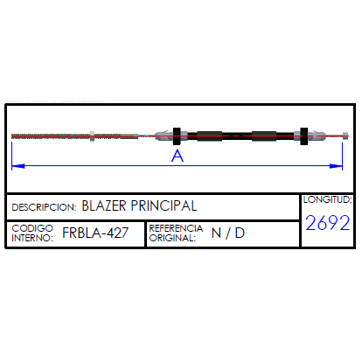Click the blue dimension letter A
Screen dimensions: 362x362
pos(178,156)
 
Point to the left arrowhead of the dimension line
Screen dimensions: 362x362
pos(18,166)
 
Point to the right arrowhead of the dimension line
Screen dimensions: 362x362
pos(336,166)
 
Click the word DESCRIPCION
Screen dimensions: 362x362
pos(44,207)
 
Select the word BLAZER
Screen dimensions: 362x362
pos(104,205)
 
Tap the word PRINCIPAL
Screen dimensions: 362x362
pos(164,205)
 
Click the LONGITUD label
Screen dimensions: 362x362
pos(328,199)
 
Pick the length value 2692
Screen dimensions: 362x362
pos(328,223)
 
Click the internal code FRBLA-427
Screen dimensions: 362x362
pos(95,233)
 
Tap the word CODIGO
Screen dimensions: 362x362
pos(32,228)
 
